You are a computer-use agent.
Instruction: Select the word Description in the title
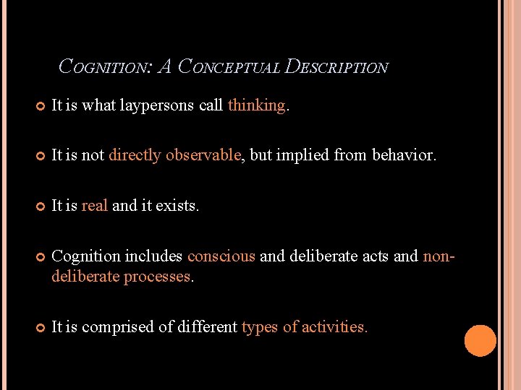tap(337, 67)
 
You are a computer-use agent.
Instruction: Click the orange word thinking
tap(257, 105)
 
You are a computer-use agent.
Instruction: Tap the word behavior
tap(403, 155)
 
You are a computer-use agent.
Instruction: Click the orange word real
tap(95, 206)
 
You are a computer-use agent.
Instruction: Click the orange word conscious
tap(221, 256)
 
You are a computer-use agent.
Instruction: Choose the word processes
tap(157, 277)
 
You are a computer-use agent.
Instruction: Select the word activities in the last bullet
tap(334, 327)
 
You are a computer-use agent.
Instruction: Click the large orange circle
tap(480, 341)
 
